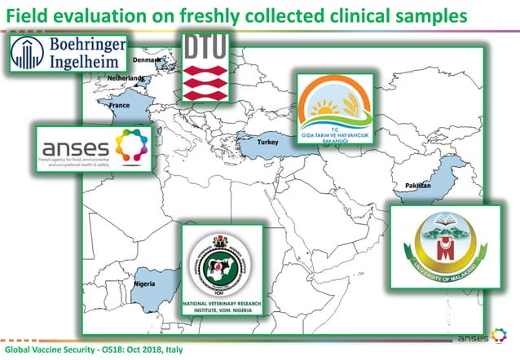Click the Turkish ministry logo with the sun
(x=334, y=112)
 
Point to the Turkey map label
(x=267, y=143)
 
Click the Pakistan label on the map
(x=417, y=187)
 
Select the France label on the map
(x=120, y=106)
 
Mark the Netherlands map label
(x=126, y=78)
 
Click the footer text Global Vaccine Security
(x=54, y=349)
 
